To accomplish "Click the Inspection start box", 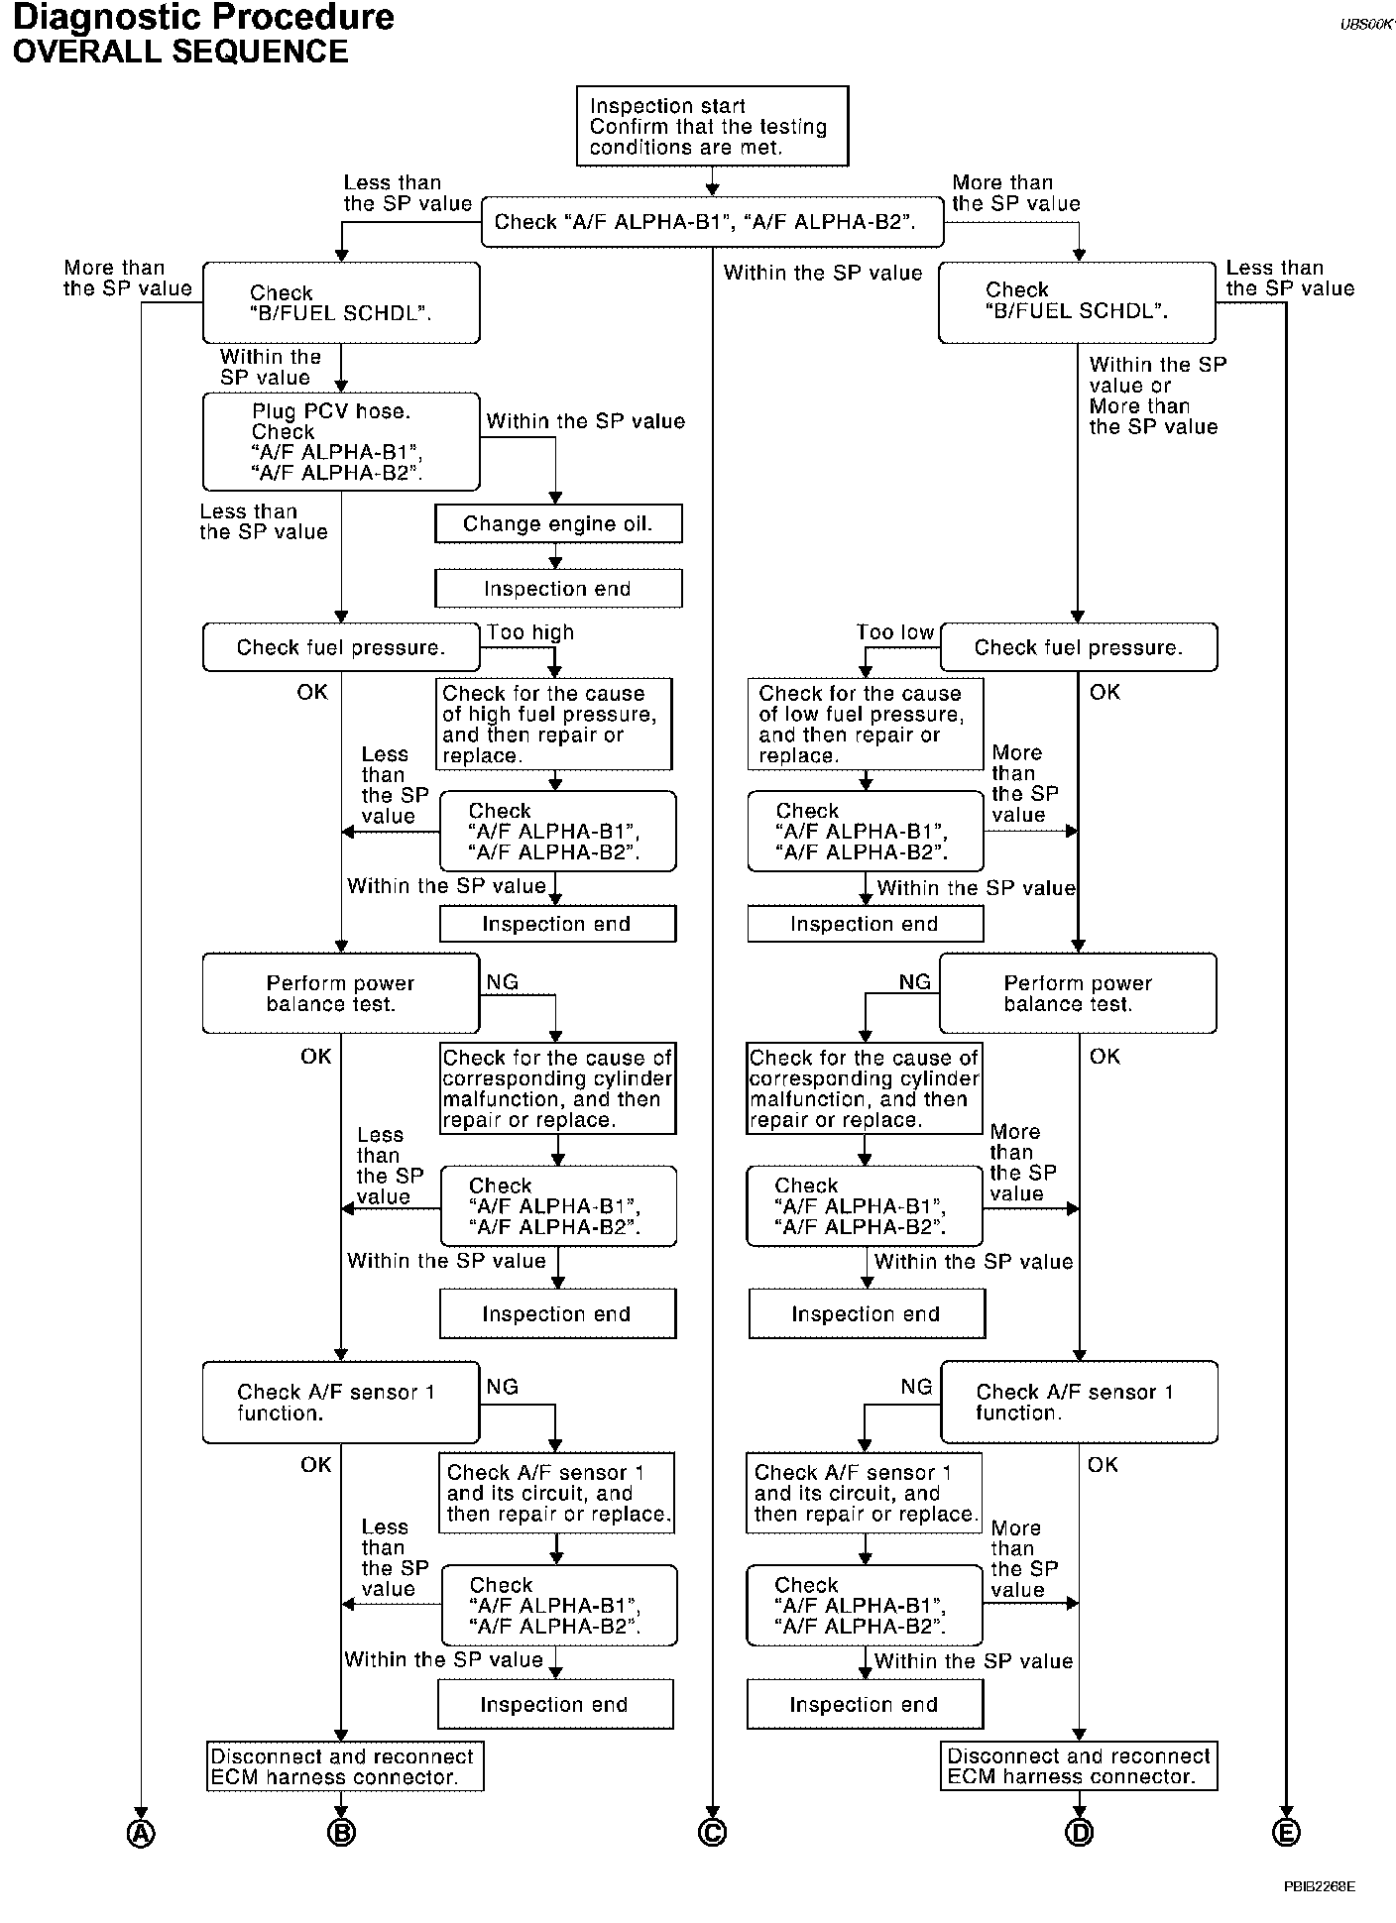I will click(712, 126).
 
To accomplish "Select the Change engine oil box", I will click(558, 524).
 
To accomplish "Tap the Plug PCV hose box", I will click(341, 442).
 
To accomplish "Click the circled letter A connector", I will click(142, 1834).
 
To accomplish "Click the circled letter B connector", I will click(341, 1834).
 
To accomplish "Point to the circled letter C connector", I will click(712, 1834).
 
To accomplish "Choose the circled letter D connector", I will click(1079, 1834).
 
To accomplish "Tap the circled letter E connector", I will click(1286, 1834).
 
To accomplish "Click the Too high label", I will click(530, 632).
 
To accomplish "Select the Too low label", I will click(895, 632).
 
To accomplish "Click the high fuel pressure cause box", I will click(554, 725).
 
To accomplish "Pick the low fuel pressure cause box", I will click(865, 725).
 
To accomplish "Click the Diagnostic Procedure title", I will click(203, 18).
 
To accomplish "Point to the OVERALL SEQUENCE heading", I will click(180, 52).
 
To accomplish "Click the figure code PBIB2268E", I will click(1319, 1886).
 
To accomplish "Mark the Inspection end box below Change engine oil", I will click(558, 589).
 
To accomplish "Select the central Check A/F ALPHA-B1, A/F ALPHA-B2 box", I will click(712, 222).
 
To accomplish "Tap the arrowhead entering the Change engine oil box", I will click(555, 499).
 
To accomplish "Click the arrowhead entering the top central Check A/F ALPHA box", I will click(712, 189).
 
